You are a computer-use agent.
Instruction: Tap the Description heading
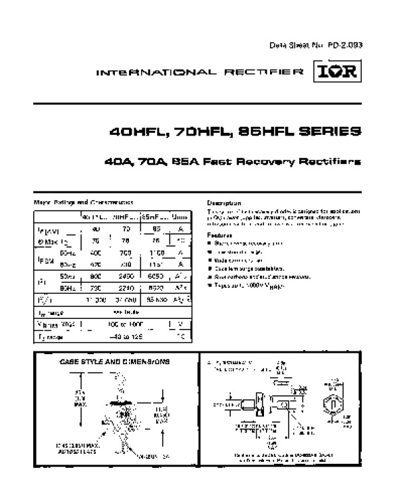click(224, 203)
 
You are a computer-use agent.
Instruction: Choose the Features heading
click(219, 235)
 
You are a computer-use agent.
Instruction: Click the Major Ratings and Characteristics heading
click(84, 202)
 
